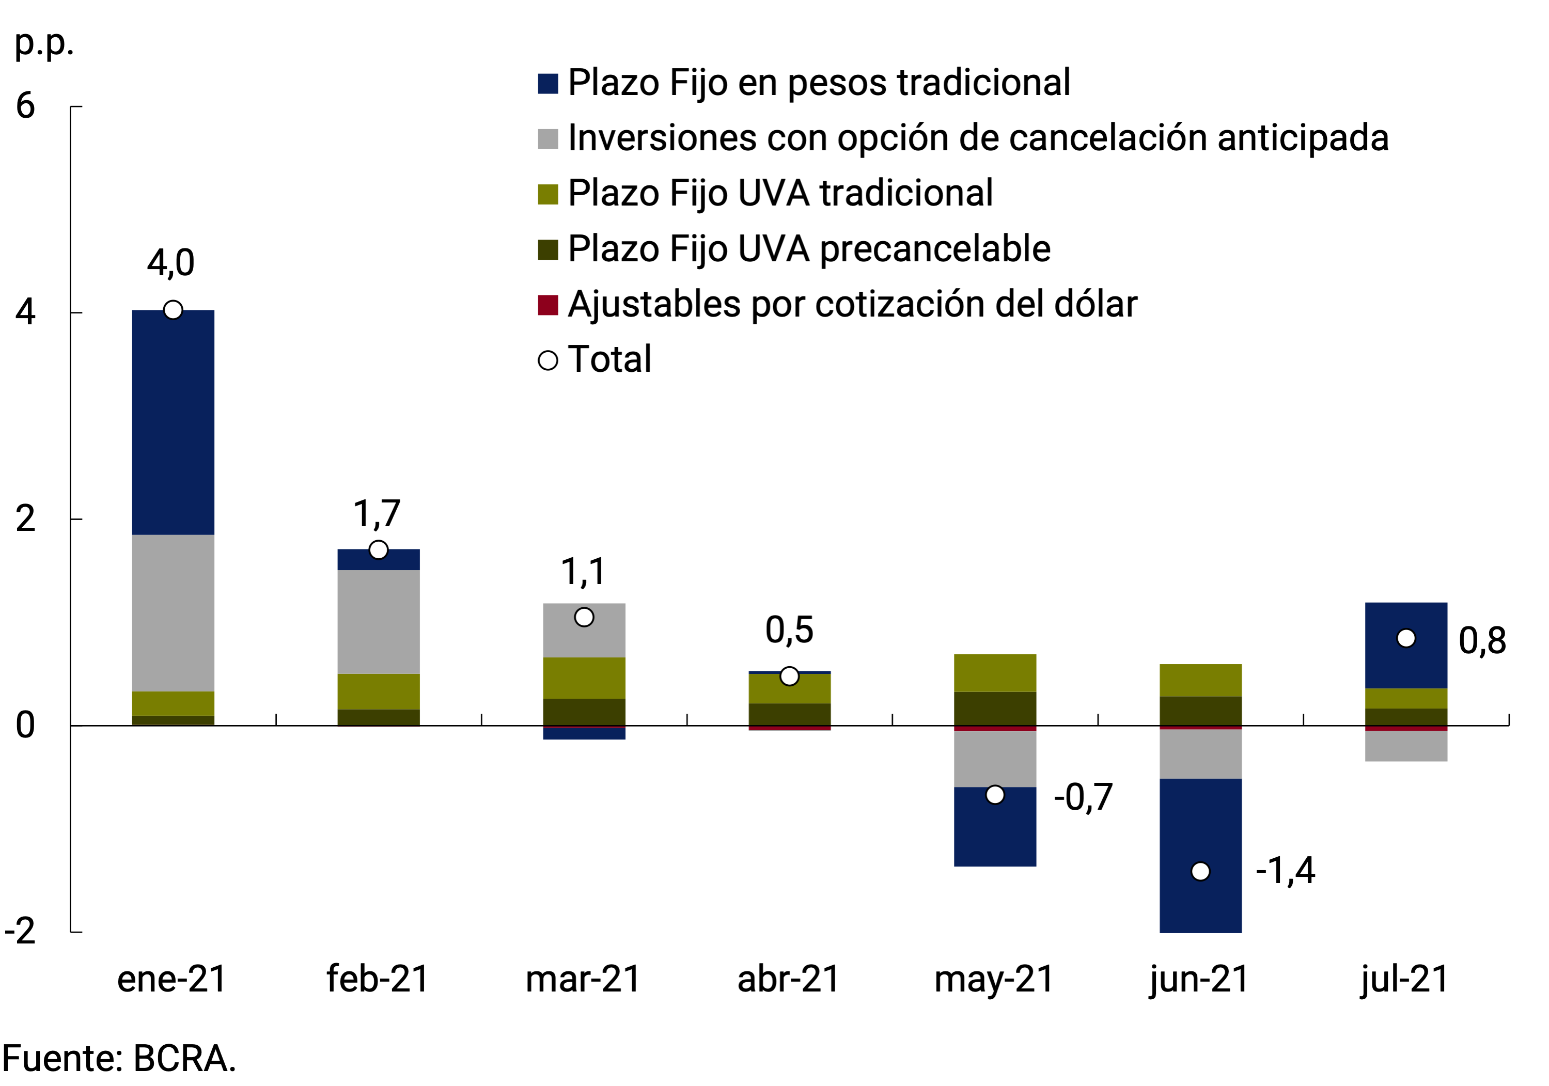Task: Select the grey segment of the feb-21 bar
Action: (379, 621)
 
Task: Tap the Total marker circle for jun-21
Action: (1200, 872)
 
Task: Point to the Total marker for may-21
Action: (995, 795)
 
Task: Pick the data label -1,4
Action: (1285, 870)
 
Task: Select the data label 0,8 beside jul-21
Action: (1482, 641)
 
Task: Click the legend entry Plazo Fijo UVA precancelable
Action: (808, 248)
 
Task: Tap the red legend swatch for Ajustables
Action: (548, 305)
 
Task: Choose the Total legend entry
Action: (609, 359)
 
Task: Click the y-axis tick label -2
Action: (20, 931)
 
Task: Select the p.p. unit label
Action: (44, 44)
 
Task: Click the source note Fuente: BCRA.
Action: (119, 1058)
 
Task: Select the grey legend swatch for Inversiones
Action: (548, 139)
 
